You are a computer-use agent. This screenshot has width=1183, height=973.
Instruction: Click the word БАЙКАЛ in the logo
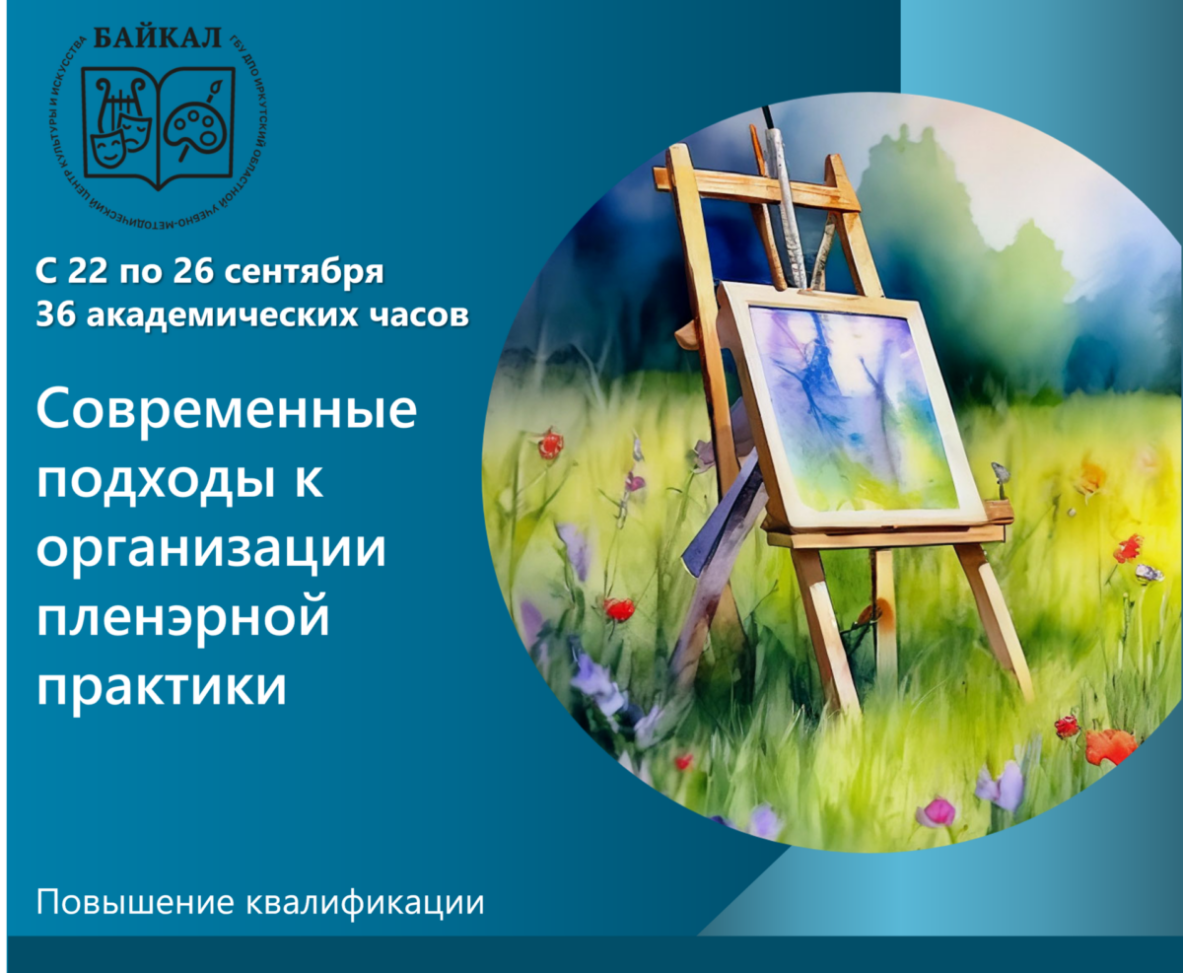158,38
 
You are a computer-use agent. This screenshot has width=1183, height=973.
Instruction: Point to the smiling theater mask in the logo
108,147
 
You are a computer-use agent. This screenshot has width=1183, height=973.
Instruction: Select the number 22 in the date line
88,271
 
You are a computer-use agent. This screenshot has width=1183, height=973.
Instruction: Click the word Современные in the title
227,409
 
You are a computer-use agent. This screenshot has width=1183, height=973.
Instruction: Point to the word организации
212,550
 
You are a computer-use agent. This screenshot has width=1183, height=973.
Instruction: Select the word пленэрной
182,617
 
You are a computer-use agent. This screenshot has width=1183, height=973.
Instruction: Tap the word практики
162,687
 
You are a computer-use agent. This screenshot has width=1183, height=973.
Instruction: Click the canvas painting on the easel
851,408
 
